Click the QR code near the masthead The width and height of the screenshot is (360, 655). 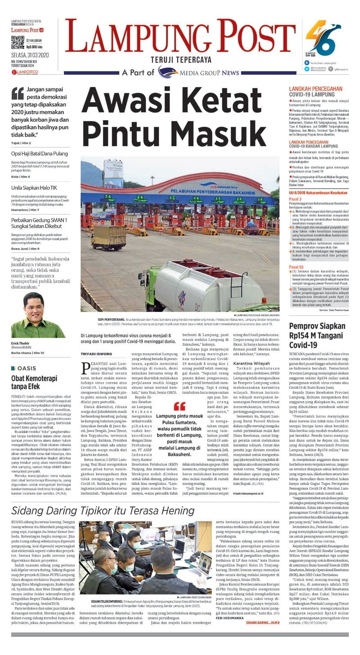tap(18, 42)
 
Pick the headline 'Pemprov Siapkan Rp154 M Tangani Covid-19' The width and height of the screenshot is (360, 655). tap(317, 335)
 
